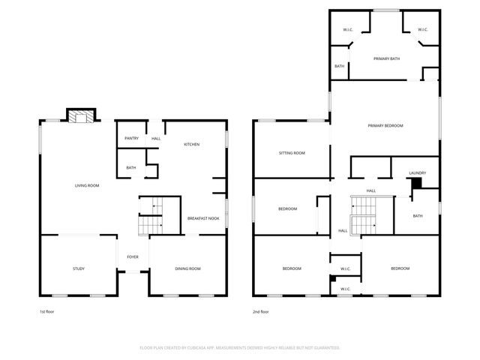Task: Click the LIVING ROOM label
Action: click(x=87, y=185)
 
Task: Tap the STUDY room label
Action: click(x=79, y=268)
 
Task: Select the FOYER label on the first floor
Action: click(x=133, y=256)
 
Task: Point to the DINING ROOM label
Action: click(x=187, y=268)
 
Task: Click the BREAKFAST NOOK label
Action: click(x=203, y=218)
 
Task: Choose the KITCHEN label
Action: click(x=192, y=144)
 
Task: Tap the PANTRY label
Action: click(x=131, y=138)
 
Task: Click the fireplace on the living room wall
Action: click(x=80, y=115)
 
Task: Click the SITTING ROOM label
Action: click(x=292, y=153)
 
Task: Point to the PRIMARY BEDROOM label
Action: click(x=385, y=125)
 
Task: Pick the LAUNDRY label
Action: click(x=417, y=173)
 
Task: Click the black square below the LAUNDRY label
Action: click(x=417, y=183)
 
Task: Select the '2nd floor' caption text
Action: click(x=261, y=311)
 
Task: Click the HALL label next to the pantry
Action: click(x=156, y=138)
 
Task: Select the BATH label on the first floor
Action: click(x=131, y=167)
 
